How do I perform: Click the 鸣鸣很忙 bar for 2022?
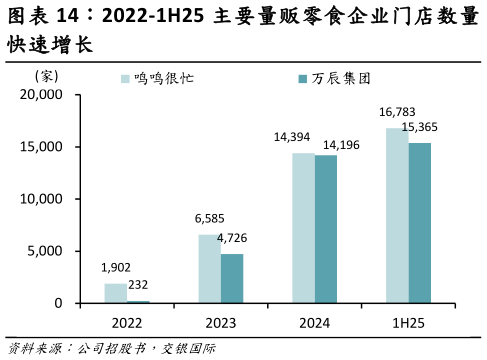click(x=116, y=293)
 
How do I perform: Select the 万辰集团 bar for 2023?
click(x=232, y=278)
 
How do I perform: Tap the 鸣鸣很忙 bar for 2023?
click(x=209, y=268)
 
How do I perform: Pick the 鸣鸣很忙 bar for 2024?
click(x=303, y=228)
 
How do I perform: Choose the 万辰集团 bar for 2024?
click(x=326, y=229)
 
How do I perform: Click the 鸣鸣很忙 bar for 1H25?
click(x=397, y=215)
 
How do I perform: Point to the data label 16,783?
click(x=397, y=112)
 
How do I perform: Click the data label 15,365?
click(x=420, y=127)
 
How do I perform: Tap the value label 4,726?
click(x=233, y=238)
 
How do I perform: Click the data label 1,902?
click(x=116, y=267)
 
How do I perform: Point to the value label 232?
click(x=139, y=285)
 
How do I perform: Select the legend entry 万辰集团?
click(x=340, y=78)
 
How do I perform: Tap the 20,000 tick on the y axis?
click(x=42, y=95)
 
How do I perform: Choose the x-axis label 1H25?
click(x=409, y=323)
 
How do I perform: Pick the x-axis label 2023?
click(x=221, y=323)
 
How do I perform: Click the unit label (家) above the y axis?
click(x=47, y=77)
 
